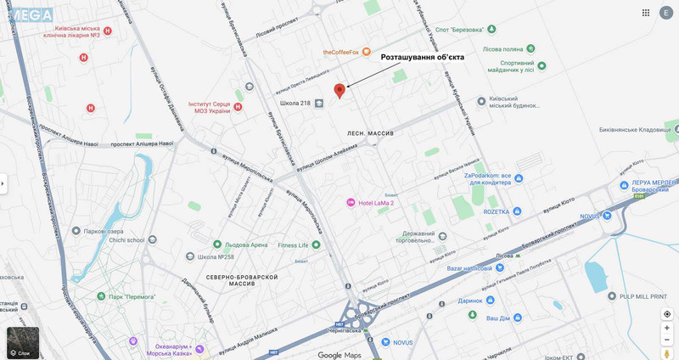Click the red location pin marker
tap(339, 90)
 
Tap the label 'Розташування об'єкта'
tap(422, 57)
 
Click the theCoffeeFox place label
tap(341, 52)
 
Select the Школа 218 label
tap(295, 104)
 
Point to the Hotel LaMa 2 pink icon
tap(351, 202)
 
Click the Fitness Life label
tap(293, 245)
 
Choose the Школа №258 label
tap(216, 256)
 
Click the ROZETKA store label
tap(497, 211)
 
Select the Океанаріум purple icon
tap(132, 341)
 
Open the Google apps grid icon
tap(646, 13)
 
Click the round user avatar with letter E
tap(666, 13)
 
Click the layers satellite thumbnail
tap(23, 343)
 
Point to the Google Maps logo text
tap(339, 355)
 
